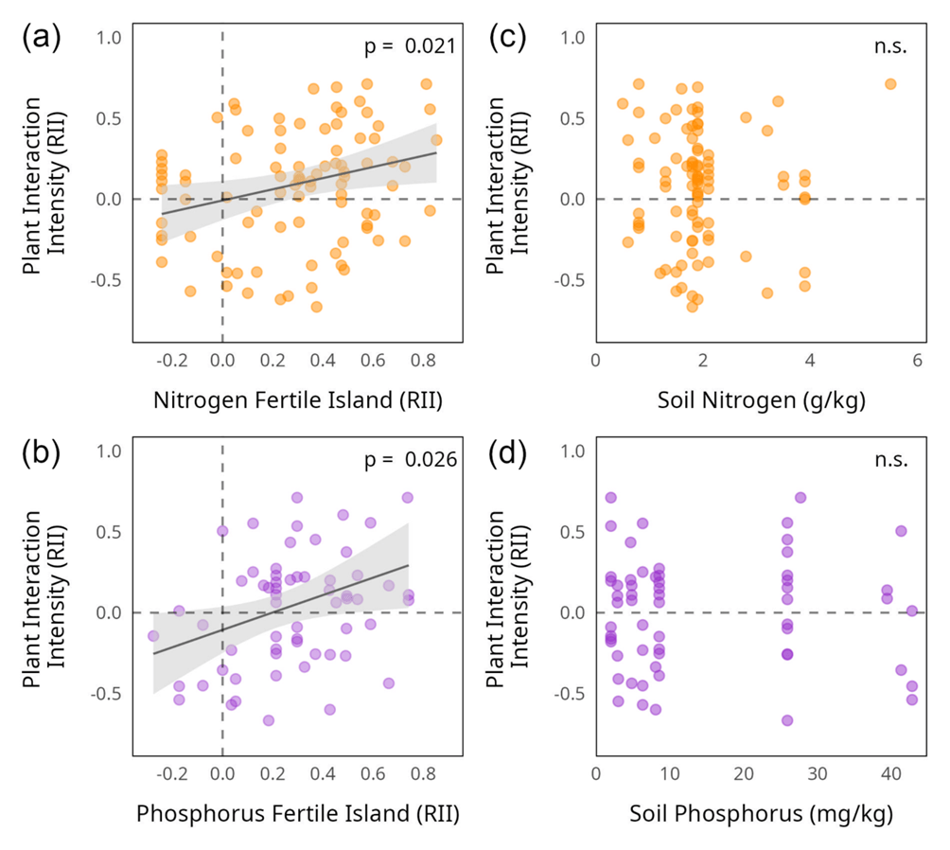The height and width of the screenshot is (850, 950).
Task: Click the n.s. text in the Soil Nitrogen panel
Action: (891, 46)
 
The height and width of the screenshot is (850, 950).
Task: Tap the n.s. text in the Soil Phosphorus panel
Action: (891, 460)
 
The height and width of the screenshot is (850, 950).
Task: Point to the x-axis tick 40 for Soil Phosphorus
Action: (890, 775)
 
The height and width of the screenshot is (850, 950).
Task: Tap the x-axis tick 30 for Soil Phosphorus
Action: (817, 775)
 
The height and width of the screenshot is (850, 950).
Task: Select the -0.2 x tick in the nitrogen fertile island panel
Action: (170, 362)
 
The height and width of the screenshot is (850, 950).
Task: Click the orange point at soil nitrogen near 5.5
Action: (890, 84)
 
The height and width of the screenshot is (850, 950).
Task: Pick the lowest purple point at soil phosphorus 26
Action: (787, 720)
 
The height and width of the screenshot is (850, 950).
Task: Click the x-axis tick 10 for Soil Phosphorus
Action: (669, 775)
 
